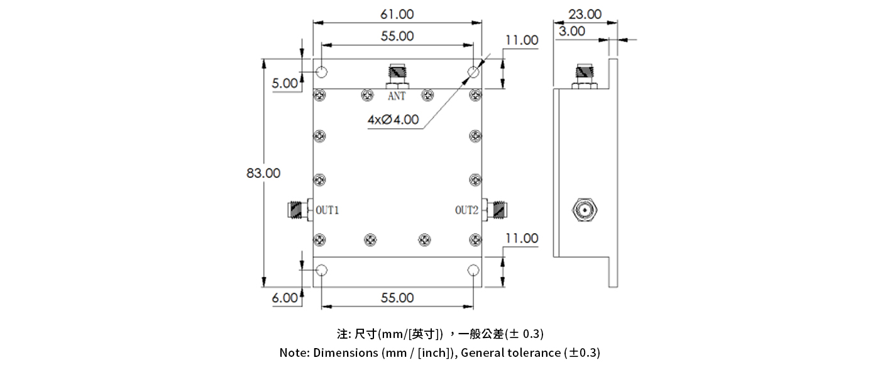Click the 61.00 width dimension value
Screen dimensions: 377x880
[x=397, y=14]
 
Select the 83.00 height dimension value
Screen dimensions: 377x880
[x=263, y=173]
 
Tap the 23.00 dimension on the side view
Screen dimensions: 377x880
[x=585, y=14]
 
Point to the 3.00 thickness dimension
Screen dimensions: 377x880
[x=571, y=31]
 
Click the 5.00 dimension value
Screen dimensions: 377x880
[x=285, y=83]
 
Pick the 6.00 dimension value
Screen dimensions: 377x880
[x=285, y=298]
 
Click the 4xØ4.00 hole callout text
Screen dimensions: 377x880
[x=393, y=119]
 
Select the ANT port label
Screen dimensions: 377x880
[x=397, y=97]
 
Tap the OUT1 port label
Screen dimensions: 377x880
[x=327, y=210]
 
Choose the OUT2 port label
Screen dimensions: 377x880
[x=467, y=210]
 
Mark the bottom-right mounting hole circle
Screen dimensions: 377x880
[x=473, y=271]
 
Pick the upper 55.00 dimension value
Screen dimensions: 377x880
[x=397, y=36]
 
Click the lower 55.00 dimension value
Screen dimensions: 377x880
[x=397, y=298]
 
